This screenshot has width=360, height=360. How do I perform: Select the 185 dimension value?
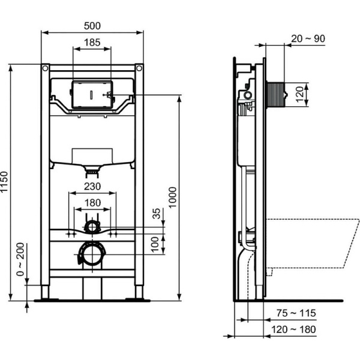pos(92,43)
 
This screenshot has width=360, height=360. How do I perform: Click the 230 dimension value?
pos(92,187)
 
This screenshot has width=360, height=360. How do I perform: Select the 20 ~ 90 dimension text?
pos(308,38)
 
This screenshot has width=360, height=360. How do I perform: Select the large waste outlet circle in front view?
pos(92,254)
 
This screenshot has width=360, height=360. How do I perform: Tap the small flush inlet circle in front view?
pos(92,227)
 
